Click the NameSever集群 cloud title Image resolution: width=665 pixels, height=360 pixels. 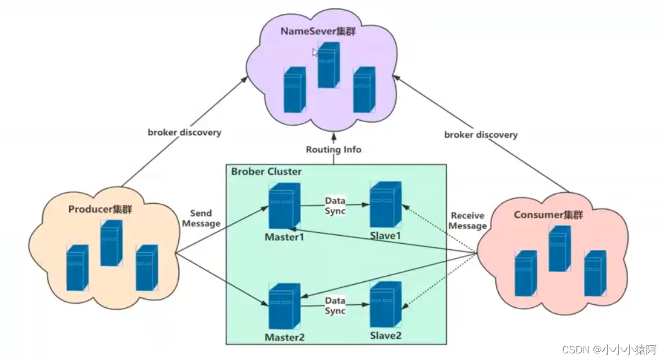tap(318, 31)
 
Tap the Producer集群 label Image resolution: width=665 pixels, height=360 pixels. tap(100, 209)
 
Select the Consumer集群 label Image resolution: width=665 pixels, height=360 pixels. tap(548, 215)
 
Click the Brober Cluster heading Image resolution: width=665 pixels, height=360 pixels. tap(266, 172)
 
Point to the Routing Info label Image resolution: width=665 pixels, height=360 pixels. tap(334, 149)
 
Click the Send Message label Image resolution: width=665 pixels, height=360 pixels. tap(201, 218)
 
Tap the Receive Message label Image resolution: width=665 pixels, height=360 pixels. tap(467, 221)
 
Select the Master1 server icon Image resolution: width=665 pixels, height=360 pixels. tap(285, 206)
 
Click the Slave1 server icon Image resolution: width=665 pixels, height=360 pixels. tap(386, 204)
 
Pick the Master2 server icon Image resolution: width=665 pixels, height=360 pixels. tap(285, 306)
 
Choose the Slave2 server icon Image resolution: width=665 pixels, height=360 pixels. tap(386, 304)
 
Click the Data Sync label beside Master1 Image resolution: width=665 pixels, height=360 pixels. tap(335, 206)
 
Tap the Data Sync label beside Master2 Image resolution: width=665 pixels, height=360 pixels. tap(335, 306)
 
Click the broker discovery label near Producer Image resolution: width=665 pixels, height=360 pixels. tap(184, 132)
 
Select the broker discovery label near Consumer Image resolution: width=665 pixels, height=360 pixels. tap(481, 135)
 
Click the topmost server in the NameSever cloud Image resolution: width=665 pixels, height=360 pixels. tap(329, 65)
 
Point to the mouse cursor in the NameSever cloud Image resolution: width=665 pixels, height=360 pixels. tap(315, 52)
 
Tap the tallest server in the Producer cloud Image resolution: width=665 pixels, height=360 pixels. tap(111, 243)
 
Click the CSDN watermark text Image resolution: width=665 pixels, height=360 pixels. tap(609, 350)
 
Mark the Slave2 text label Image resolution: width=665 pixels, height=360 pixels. tap(386, 336)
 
